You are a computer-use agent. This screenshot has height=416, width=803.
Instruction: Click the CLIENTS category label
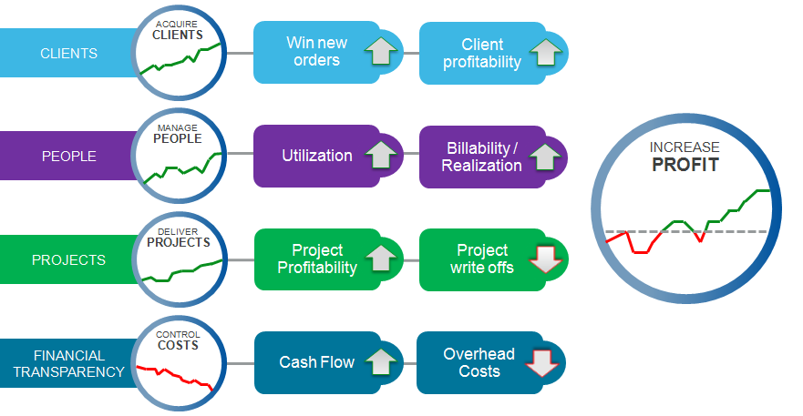[69, 53]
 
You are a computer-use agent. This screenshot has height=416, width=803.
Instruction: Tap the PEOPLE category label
[69, 156]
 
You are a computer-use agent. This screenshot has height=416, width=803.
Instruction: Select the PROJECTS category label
[69, 259]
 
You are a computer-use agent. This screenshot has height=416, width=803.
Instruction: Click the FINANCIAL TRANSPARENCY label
[69, 363]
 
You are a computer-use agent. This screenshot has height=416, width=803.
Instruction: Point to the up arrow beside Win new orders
[382, 52]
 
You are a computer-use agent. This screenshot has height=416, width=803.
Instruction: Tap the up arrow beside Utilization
[382, 156]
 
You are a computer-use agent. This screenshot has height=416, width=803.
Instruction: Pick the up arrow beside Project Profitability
[382, 259]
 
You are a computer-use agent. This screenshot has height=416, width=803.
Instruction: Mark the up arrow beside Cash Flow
[382, 362]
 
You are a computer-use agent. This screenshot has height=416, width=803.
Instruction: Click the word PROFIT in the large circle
[685, 165]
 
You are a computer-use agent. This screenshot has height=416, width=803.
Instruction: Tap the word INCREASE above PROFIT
[685, 147]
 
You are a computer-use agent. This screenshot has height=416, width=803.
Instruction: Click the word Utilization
[317, 156]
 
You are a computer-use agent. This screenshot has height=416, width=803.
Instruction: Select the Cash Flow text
[317, 362]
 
